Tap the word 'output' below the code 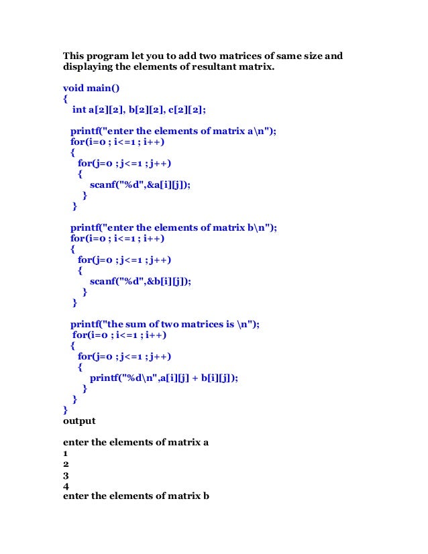79,421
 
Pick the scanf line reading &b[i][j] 140,282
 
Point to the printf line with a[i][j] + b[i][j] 164,378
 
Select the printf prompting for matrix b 173,227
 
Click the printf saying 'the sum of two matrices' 164,324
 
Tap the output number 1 66,453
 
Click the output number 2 66,463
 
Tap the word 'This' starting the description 75,56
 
